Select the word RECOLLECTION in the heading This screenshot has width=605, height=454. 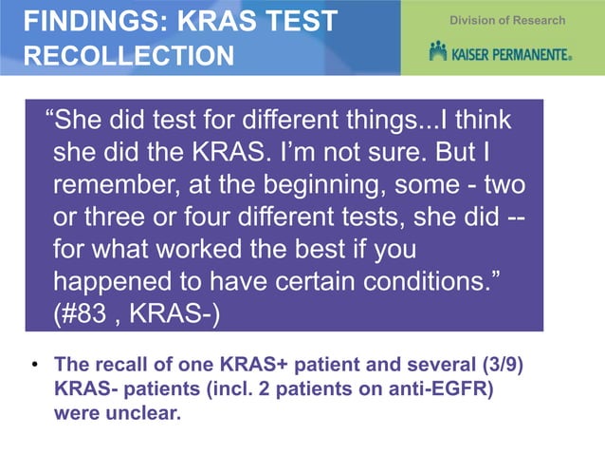tap(128, 56)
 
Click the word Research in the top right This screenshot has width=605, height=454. tap(539, 20)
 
